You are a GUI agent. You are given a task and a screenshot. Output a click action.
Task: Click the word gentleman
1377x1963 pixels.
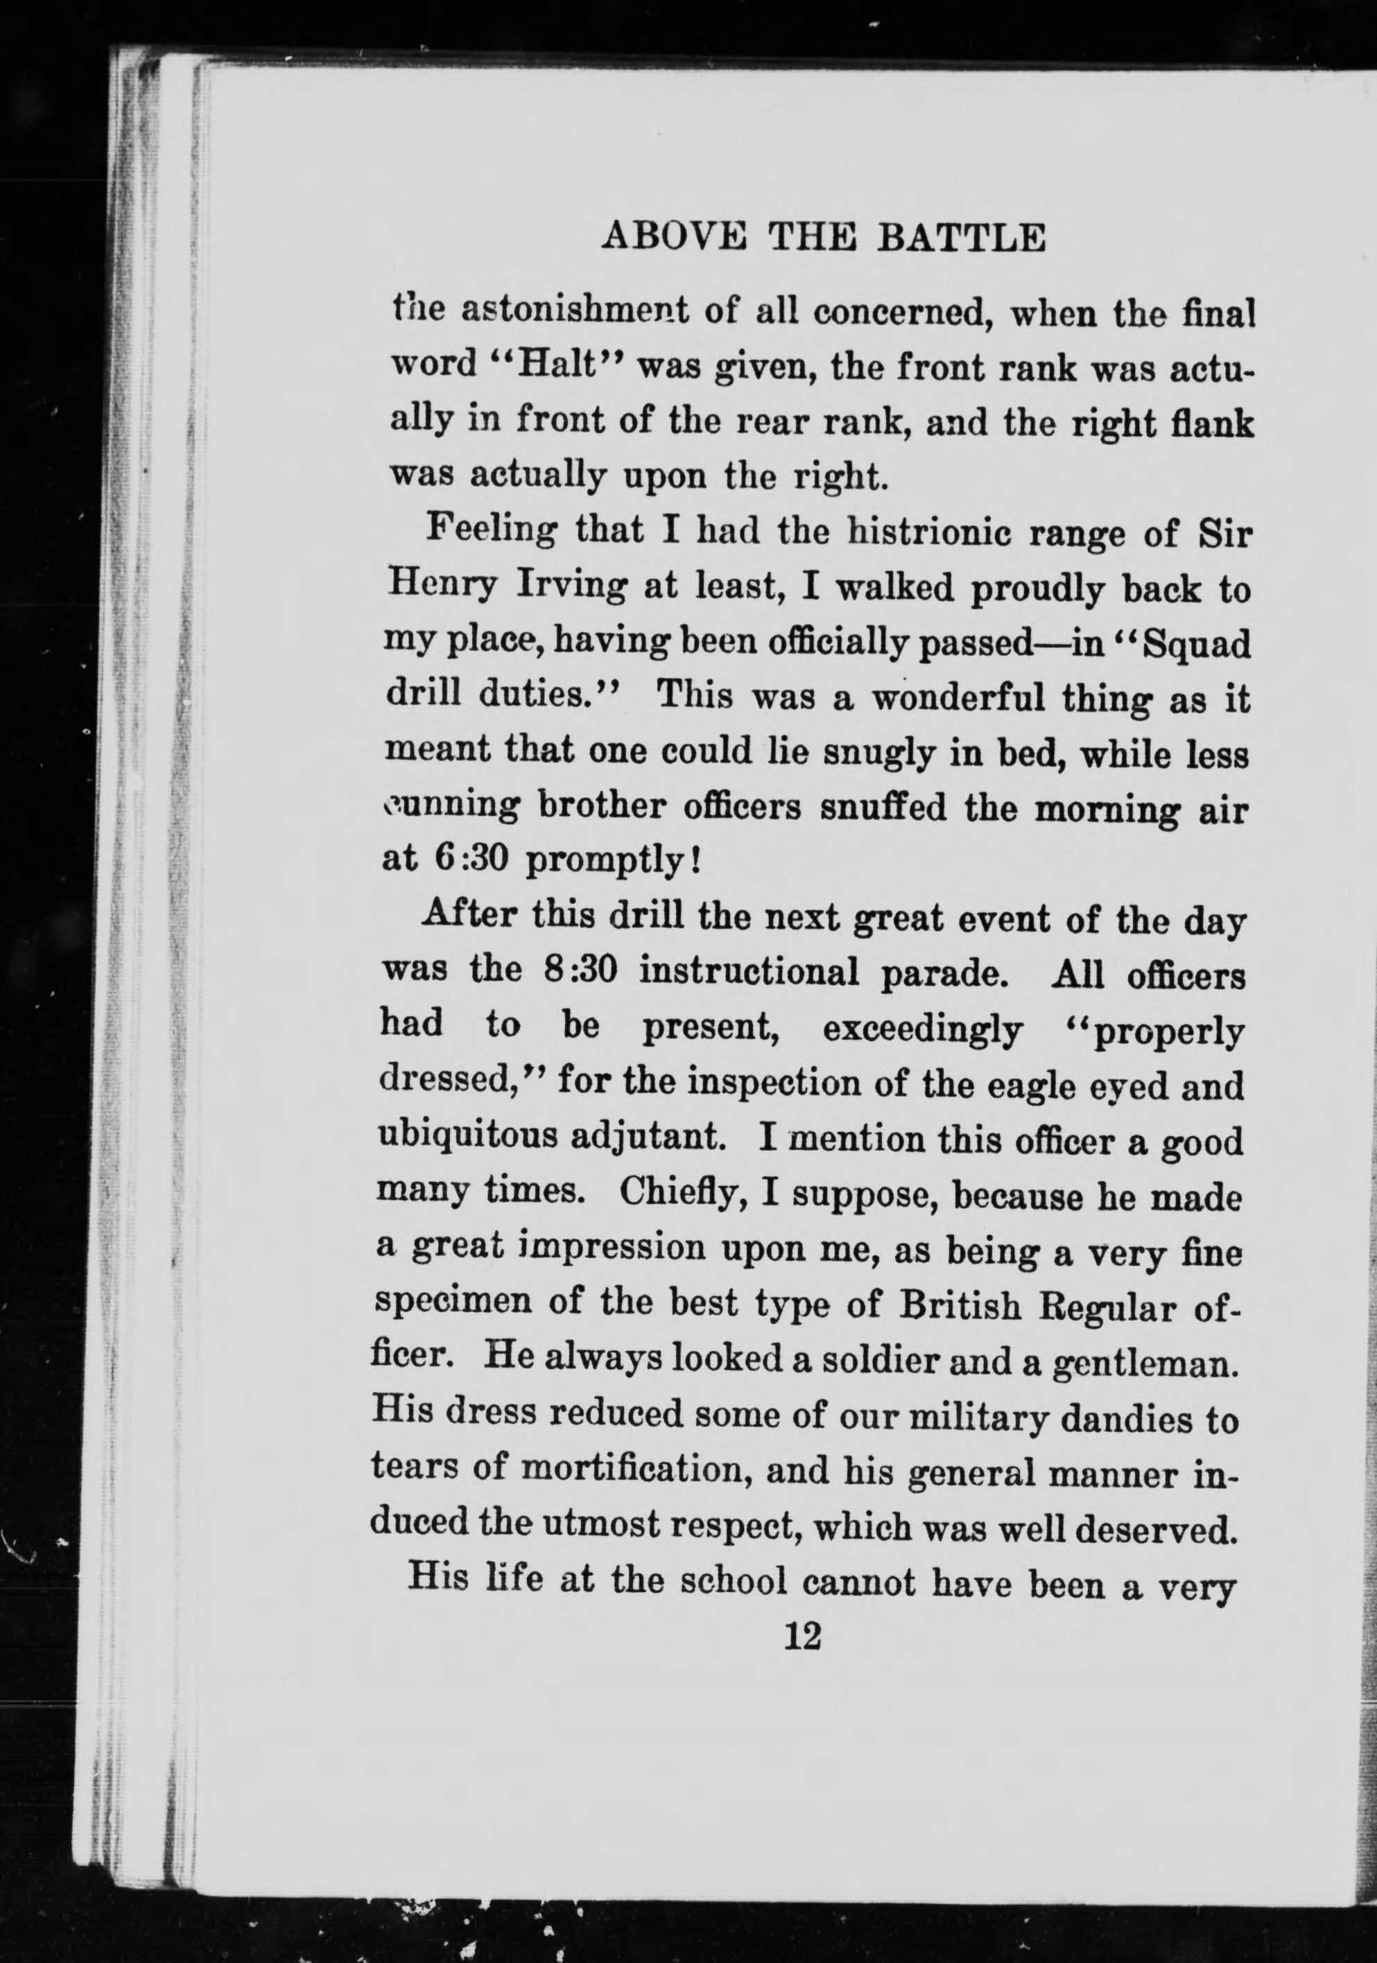(x=1146, y=1361)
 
